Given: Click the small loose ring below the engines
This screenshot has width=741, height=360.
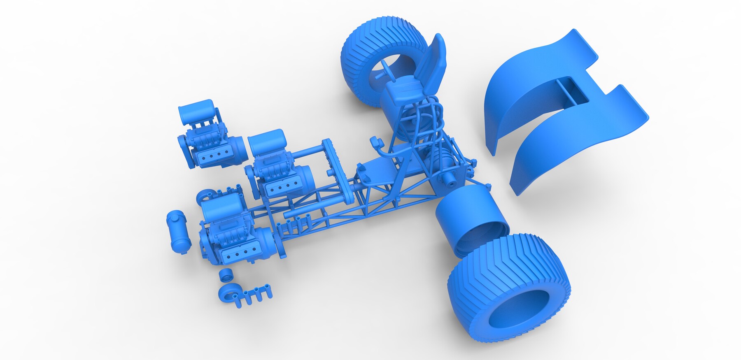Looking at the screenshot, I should pyautogui.click(x=226, y=274).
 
